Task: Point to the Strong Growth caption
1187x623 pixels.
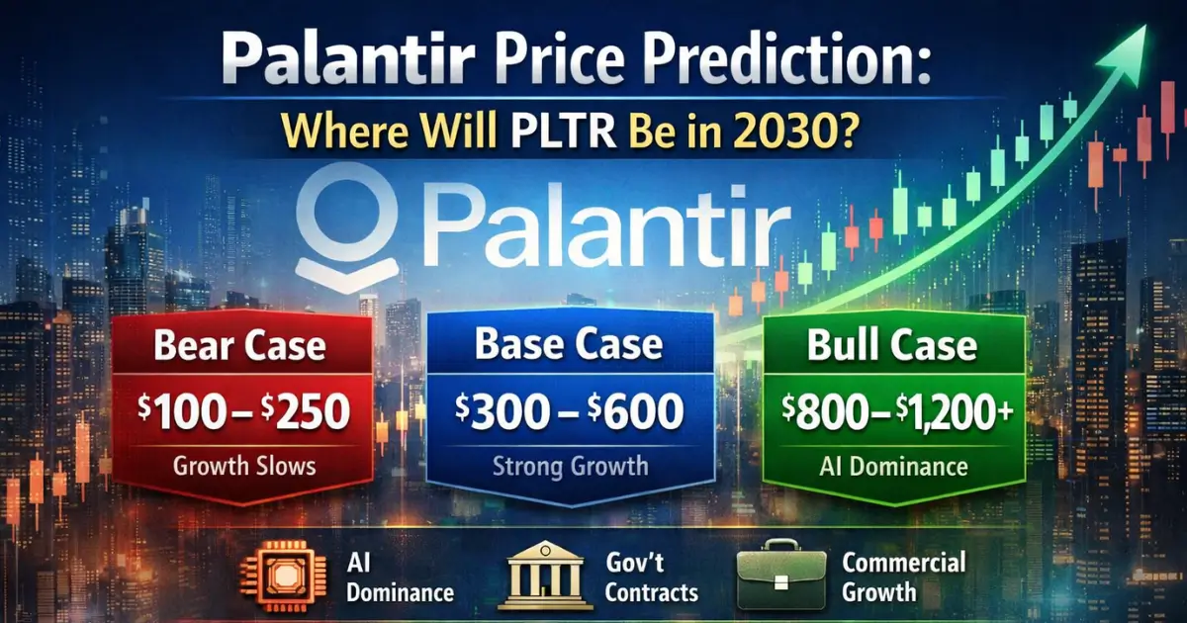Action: tap(568, 465)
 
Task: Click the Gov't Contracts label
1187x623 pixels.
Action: tap(651, 578)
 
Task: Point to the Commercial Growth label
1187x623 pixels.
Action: tap(902, 578)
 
